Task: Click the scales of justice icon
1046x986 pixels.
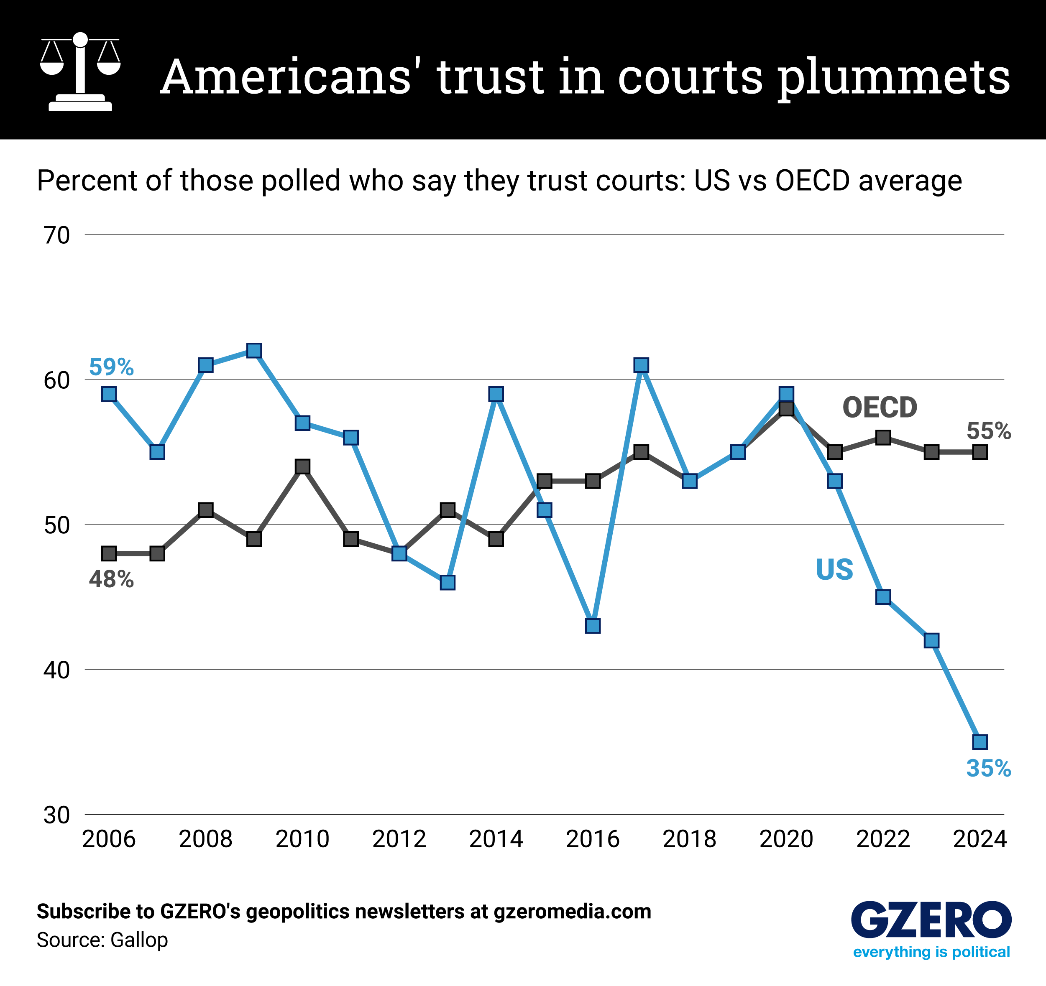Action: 80,71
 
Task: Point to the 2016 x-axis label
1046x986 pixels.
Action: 593,839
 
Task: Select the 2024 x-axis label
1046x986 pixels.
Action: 980,839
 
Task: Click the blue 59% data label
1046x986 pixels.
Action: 111,367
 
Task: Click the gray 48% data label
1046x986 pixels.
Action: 111,579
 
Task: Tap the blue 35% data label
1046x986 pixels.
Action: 988,768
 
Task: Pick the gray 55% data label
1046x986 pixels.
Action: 988,431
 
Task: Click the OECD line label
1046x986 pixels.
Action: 880,408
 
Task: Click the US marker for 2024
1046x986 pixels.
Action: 980,742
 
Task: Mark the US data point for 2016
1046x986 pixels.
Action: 593,626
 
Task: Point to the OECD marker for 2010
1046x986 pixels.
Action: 302,466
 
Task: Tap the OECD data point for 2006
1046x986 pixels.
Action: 109,553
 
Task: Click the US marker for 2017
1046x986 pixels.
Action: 641,365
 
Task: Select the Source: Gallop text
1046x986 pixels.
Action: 102,940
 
